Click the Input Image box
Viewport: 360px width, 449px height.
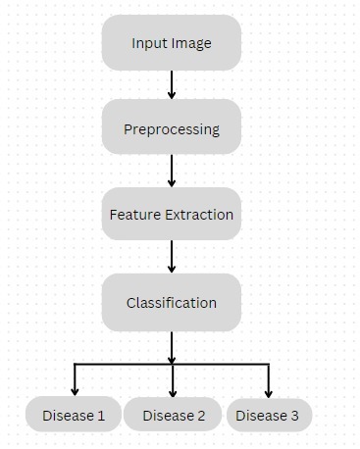pyautogui.click(x=172, y=43)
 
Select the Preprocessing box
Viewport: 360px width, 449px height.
pyautogui.click(x=172, y=128)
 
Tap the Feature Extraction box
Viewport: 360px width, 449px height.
pyautogui.click(x=172, y=214)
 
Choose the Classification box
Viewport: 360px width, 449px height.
pyautogui.click(x=172, y=302)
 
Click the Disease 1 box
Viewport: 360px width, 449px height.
pyautogui.click(x=74, y=416)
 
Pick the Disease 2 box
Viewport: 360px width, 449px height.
pyautogui.click(x=174, y=416)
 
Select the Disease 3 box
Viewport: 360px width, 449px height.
pyautogui.click(x=269, y=416)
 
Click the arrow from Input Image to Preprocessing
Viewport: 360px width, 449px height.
pyautogui.click(x=172, y=84)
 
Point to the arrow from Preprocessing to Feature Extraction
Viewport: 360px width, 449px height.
pyautogui.click(x=172, y=171)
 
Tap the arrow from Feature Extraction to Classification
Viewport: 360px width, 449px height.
pyautogui.click(x=172, y=257)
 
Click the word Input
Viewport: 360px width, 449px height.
pyautogui.click(x=149, y=44)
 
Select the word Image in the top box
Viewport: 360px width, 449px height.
pyautogui.click(x=191, y=44)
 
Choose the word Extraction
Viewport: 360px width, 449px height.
pyautogui.click(x=199, y=214)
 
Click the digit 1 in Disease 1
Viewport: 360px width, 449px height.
pyautogui.click(x=101, y=416)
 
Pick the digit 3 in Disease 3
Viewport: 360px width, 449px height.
pyautogui.click(x=294, y=416)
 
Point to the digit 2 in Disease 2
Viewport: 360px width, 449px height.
pyautogui.click(x=201, y=416)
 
